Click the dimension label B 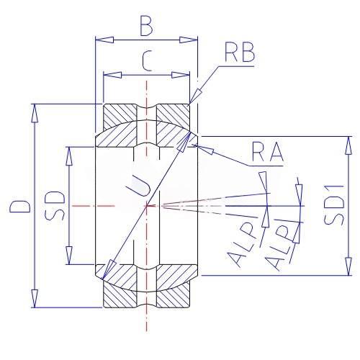[x=146, y=27]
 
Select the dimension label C [x=147, y=62]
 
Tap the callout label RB [x=240, y=53]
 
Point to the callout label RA [x=268, y=153]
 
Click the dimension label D [x=20, y=205]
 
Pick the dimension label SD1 [x=333, y=204]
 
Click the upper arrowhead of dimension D [x=35, y=114]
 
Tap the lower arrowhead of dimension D [x=35, y=298]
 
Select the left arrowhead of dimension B [x=104, y=40]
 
